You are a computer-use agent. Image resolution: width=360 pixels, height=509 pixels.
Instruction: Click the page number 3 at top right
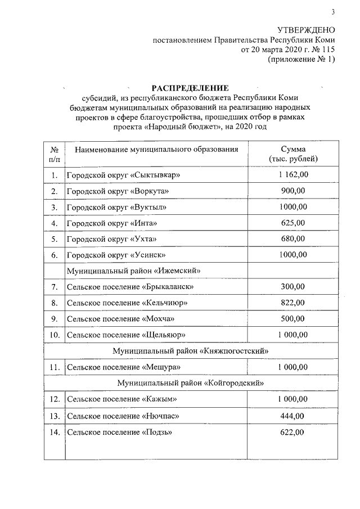pos(332,12)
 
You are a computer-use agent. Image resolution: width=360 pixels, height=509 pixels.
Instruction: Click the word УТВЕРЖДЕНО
pos(307,30)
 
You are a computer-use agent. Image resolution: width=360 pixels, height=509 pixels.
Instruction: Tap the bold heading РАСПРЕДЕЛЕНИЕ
pos(190,88)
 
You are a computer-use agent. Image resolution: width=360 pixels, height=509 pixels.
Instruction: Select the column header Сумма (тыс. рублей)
pos(292,154)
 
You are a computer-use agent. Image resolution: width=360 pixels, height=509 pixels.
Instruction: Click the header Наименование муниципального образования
pos(152,150)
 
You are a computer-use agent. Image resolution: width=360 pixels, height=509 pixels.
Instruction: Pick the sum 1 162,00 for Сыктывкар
pos(292,175)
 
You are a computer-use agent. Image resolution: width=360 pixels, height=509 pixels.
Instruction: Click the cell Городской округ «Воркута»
pos(118,192)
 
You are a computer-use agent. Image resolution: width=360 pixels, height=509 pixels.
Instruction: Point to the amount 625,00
pos(292,223)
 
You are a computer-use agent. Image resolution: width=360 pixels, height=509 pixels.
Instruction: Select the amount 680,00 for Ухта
pos(292,239)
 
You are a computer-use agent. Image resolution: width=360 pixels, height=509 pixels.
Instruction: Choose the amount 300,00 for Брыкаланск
pos(292,287)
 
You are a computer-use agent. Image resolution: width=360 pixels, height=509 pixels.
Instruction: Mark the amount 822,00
pos(292,303)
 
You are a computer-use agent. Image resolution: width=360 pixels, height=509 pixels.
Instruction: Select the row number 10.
pos(55,335)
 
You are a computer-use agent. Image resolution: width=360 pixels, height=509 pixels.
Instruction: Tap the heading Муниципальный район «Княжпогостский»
pos(190,351)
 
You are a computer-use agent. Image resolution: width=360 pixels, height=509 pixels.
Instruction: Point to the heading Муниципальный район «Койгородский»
pos(190,383)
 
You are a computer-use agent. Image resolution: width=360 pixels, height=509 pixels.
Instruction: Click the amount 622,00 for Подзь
pos(292,432)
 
